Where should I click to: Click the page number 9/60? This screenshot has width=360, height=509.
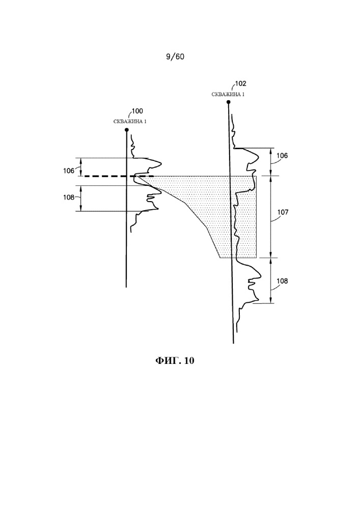[x=175, y=56]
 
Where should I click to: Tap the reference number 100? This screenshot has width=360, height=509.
[x=137, y=111]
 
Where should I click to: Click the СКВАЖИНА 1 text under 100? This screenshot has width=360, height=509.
[x=129, y=121]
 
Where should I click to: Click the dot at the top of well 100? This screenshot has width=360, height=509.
[x=127, y=130]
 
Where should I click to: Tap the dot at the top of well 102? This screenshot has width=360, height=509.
[x=229, y=102]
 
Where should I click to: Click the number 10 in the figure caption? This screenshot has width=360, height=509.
[x=189, y=361]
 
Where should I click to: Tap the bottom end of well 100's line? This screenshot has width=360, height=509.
[x=126, y=287]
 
